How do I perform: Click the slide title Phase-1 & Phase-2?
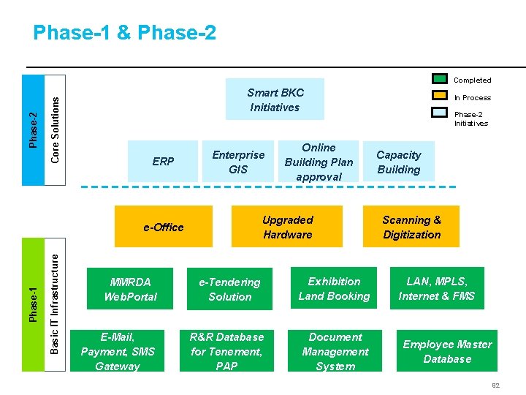tap(124, 33)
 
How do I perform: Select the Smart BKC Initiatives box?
tap(275, 99)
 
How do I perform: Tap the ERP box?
tap(163, 161)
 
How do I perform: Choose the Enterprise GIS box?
tap(238, 162)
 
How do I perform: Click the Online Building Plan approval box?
tap(319, 162)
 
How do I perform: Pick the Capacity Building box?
tap(399, 162)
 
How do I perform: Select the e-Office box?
tap(164, 227)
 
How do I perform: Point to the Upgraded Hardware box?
tap(287, 227)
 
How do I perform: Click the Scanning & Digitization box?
tap(411, 227)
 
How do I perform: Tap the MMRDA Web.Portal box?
tap(130, 289)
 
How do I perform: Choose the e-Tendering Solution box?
tap(229, 289)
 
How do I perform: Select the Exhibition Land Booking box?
tap(334, 288)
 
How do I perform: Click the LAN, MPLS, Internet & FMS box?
tap(436, 288)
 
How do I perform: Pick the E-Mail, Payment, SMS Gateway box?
tap(118, 351)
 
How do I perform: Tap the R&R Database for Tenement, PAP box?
tap(226, 351)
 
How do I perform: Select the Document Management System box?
tap(335, 351)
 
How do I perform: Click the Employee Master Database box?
tap(447, 351)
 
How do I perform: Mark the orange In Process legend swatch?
tap(439, 97)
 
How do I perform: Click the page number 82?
tap(495, 385)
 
